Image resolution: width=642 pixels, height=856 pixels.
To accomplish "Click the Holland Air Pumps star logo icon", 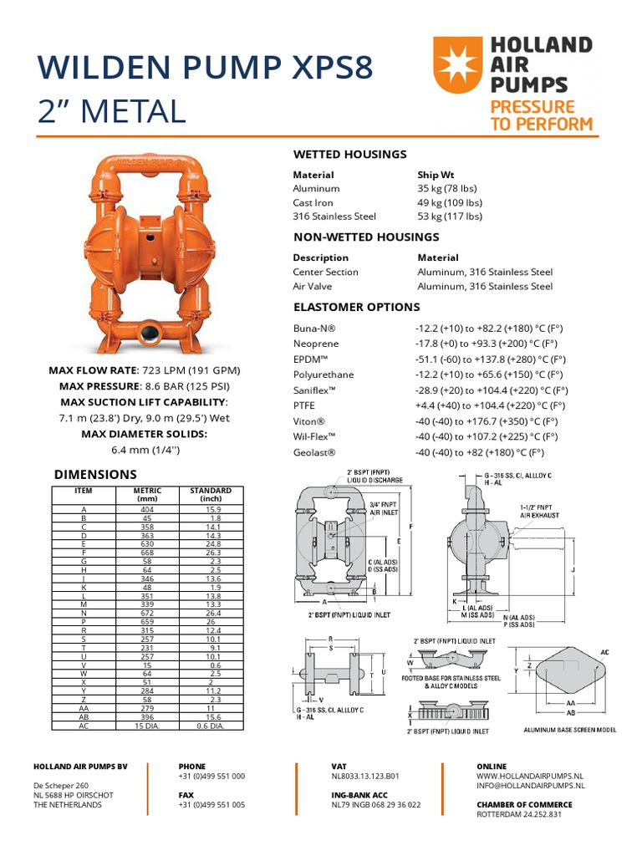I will coord(457,64).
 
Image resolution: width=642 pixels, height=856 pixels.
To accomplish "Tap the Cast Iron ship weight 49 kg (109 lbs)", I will coord(450,202).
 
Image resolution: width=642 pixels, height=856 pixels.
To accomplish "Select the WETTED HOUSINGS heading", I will coord(349,154).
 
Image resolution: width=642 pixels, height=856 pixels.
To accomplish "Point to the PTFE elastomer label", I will coord(304,405).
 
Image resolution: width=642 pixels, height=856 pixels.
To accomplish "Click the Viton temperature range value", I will coord(491,421).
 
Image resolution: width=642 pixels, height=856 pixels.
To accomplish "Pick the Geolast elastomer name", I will coord(314,452).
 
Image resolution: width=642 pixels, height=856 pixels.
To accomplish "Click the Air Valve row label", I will coord(313,286).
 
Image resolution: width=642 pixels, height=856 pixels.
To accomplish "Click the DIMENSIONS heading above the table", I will coord(95,474).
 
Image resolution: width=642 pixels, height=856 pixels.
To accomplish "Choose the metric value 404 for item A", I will coord(147,509).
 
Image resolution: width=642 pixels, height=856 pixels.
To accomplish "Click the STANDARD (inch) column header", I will coord(210,494).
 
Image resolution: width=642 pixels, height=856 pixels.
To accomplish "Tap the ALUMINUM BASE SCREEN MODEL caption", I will coord(569,730).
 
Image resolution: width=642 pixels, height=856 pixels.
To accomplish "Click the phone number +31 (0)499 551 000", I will coord(211,776).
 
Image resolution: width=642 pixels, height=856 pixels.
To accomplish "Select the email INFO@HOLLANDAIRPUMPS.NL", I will coord(530,787).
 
